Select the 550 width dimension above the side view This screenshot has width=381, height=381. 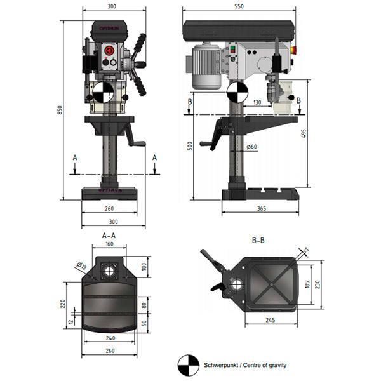pyautogui.click(x=239, y=6)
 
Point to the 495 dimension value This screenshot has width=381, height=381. pyautogui.click(x=305, y=133)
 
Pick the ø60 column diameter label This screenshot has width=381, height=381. pyautogui.click(x=251, y=147)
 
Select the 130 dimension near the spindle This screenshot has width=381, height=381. pyautogui.click(x=257, y=102)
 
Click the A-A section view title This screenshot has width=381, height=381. pyautogui.click(x=109, y=235)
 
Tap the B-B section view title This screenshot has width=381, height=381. pyautogui.click(x=258, y=241)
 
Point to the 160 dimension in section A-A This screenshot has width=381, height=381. pyautogui.click(x=109, y=244)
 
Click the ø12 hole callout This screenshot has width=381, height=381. pyautogui.click(x=81, y=265)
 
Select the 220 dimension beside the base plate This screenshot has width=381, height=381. pyautogui.click(x=63, y=304)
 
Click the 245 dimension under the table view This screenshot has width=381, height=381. pyautogui.click(x=271, y=321)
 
